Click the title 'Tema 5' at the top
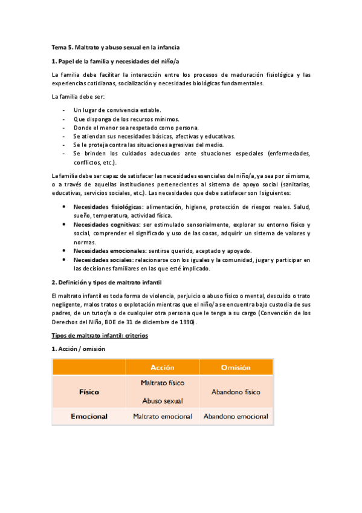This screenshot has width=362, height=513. (63, 47)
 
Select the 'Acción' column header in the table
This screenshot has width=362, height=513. (162, 367)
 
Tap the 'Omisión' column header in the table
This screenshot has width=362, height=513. (236, 367)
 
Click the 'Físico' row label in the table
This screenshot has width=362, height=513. (89, 391)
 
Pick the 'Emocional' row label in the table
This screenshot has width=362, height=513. (89, 416)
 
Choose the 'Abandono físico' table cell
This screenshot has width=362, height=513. (236, 391)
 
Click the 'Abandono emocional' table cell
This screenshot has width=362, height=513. (236, 416)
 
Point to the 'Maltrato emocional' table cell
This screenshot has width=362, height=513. (162, 416)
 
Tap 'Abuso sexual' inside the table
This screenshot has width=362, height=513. (162, 400)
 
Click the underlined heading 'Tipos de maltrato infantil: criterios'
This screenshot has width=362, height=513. (100, 335)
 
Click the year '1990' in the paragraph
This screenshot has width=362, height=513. (186, 322)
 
